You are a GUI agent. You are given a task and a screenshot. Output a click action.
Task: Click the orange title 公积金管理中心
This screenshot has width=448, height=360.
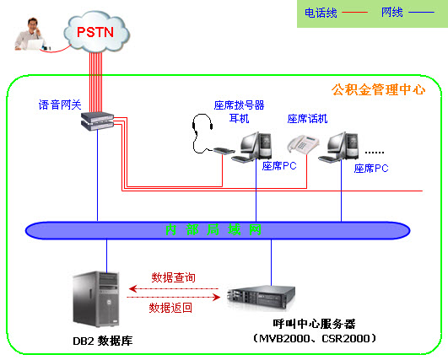(379, 89)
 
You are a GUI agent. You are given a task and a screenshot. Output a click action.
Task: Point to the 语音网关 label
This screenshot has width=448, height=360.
(60, 105)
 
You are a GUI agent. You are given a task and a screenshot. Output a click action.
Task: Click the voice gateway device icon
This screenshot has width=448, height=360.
(95, 121)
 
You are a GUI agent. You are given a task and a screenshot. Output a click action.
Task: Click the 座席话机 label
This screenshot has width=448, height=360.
(307, 119)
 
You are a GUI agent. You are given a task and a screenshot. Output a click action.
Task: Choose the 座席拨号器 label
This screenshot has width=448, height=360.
(240, 105)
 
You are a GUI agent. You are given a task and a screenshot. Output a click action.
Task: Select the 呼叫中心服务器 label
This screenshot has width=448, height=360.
(314, 324)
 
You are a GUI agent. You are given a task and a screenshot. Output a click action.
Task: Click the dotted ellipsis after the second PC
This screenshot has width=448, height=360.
(374, 152)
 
